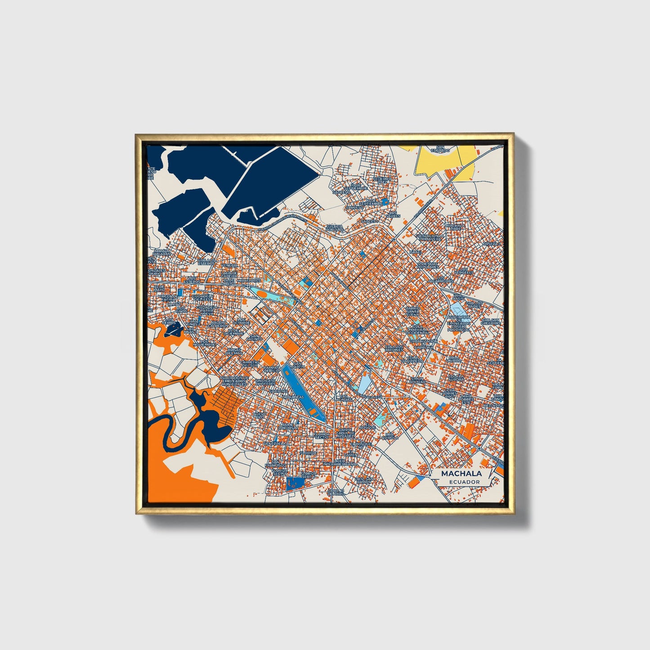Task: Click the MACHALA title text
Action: [x=461, y=473]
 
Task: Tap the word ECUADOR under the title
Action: [x=464, y=482]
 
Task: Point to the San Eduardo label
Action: [x=440, y=149]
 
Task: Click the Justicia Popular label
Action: [x=335, y=228]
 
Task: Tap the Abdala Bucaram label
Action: [x=162, y=252]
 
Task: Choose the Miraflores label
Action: [x=249, y=280]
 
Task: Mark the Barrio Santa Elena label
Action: [x=413, y=311]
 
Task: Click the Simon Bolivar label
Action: [x=417, y=380]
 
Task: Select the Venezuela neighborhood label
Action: [x=274, y=444]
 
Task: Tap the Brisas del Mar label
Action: [x=234, y=351]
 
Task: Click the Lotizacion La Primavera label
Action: [x=430, y=237]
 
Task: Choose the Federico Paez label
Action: [x=382, y=180]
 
